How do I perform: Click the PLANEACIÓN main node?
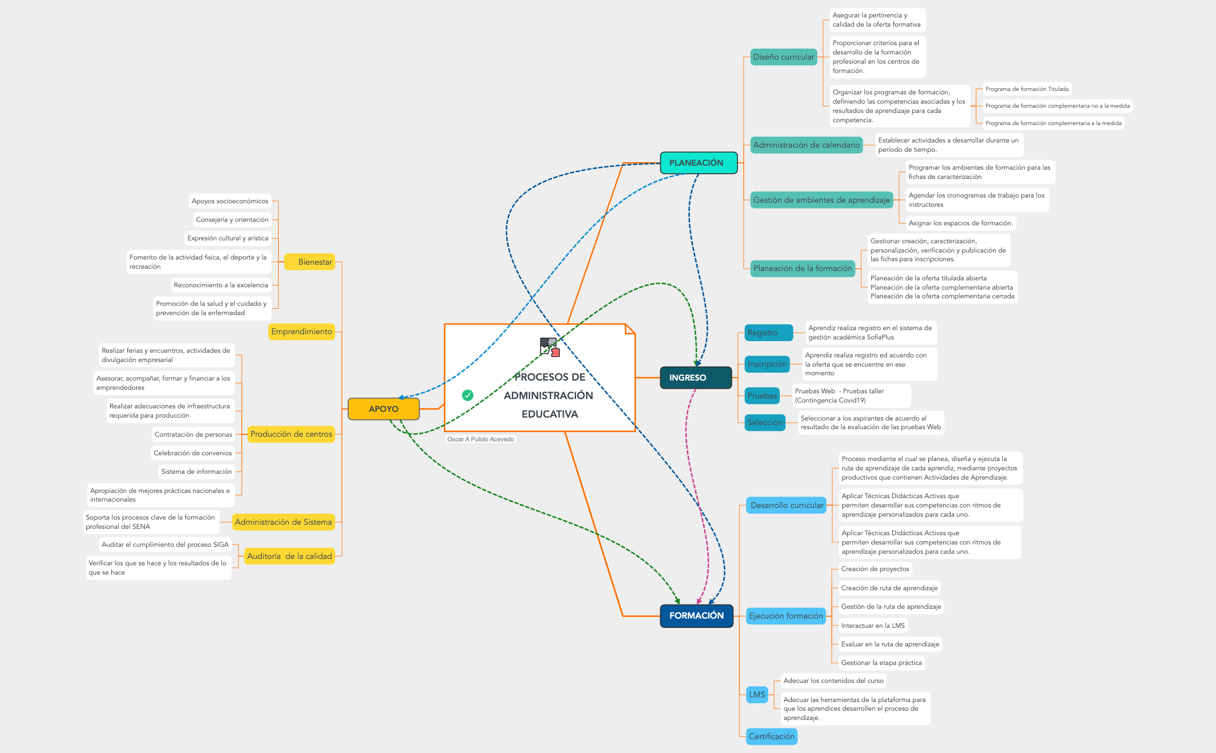(x=699, y=163)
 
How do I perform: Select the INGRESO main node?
(x=696, y=378)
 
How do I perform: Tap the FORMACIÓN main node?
(x=696, y=616)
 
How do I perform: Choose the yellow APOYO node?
(x=384, y=409)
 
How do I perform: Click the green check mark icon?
(x=468, y=395)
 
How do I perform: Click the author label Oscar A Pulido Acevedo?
(x=480, y=439)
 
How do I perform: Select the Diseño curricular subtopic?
(x=784, y=57)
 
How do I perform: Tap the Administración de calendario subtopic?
(x=806, y=145)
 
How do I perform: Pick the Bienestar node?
(x=310, y=262)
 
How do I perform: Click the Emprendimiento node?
(x=301, y=331)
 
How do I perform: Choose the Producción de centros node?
(x=291, y=434)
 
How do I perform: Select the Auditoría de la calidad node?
(x=289, y=556)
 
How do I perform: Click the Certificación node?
(x=772, y=736)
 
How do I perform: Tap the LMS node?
(x=757, y=694)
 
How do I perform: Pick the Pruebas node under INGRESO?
(x=762, y=396)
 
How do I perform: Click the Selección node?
(x=765, y=422)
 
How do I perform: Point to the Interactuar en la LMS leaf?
(x=872, y=626)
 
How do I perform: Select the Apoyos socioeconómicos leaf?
(x=230, y=201)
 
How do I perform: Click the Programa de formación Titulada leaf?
(x=1027, y=89)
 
